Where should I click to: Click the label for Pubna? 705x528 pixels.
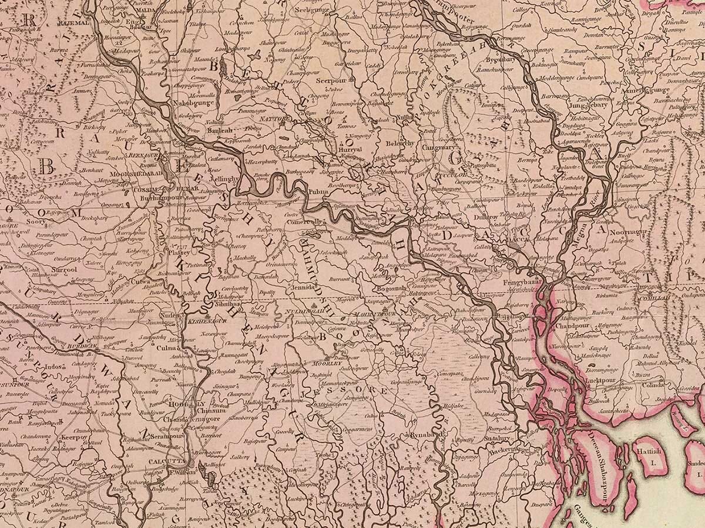point(318,191)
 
